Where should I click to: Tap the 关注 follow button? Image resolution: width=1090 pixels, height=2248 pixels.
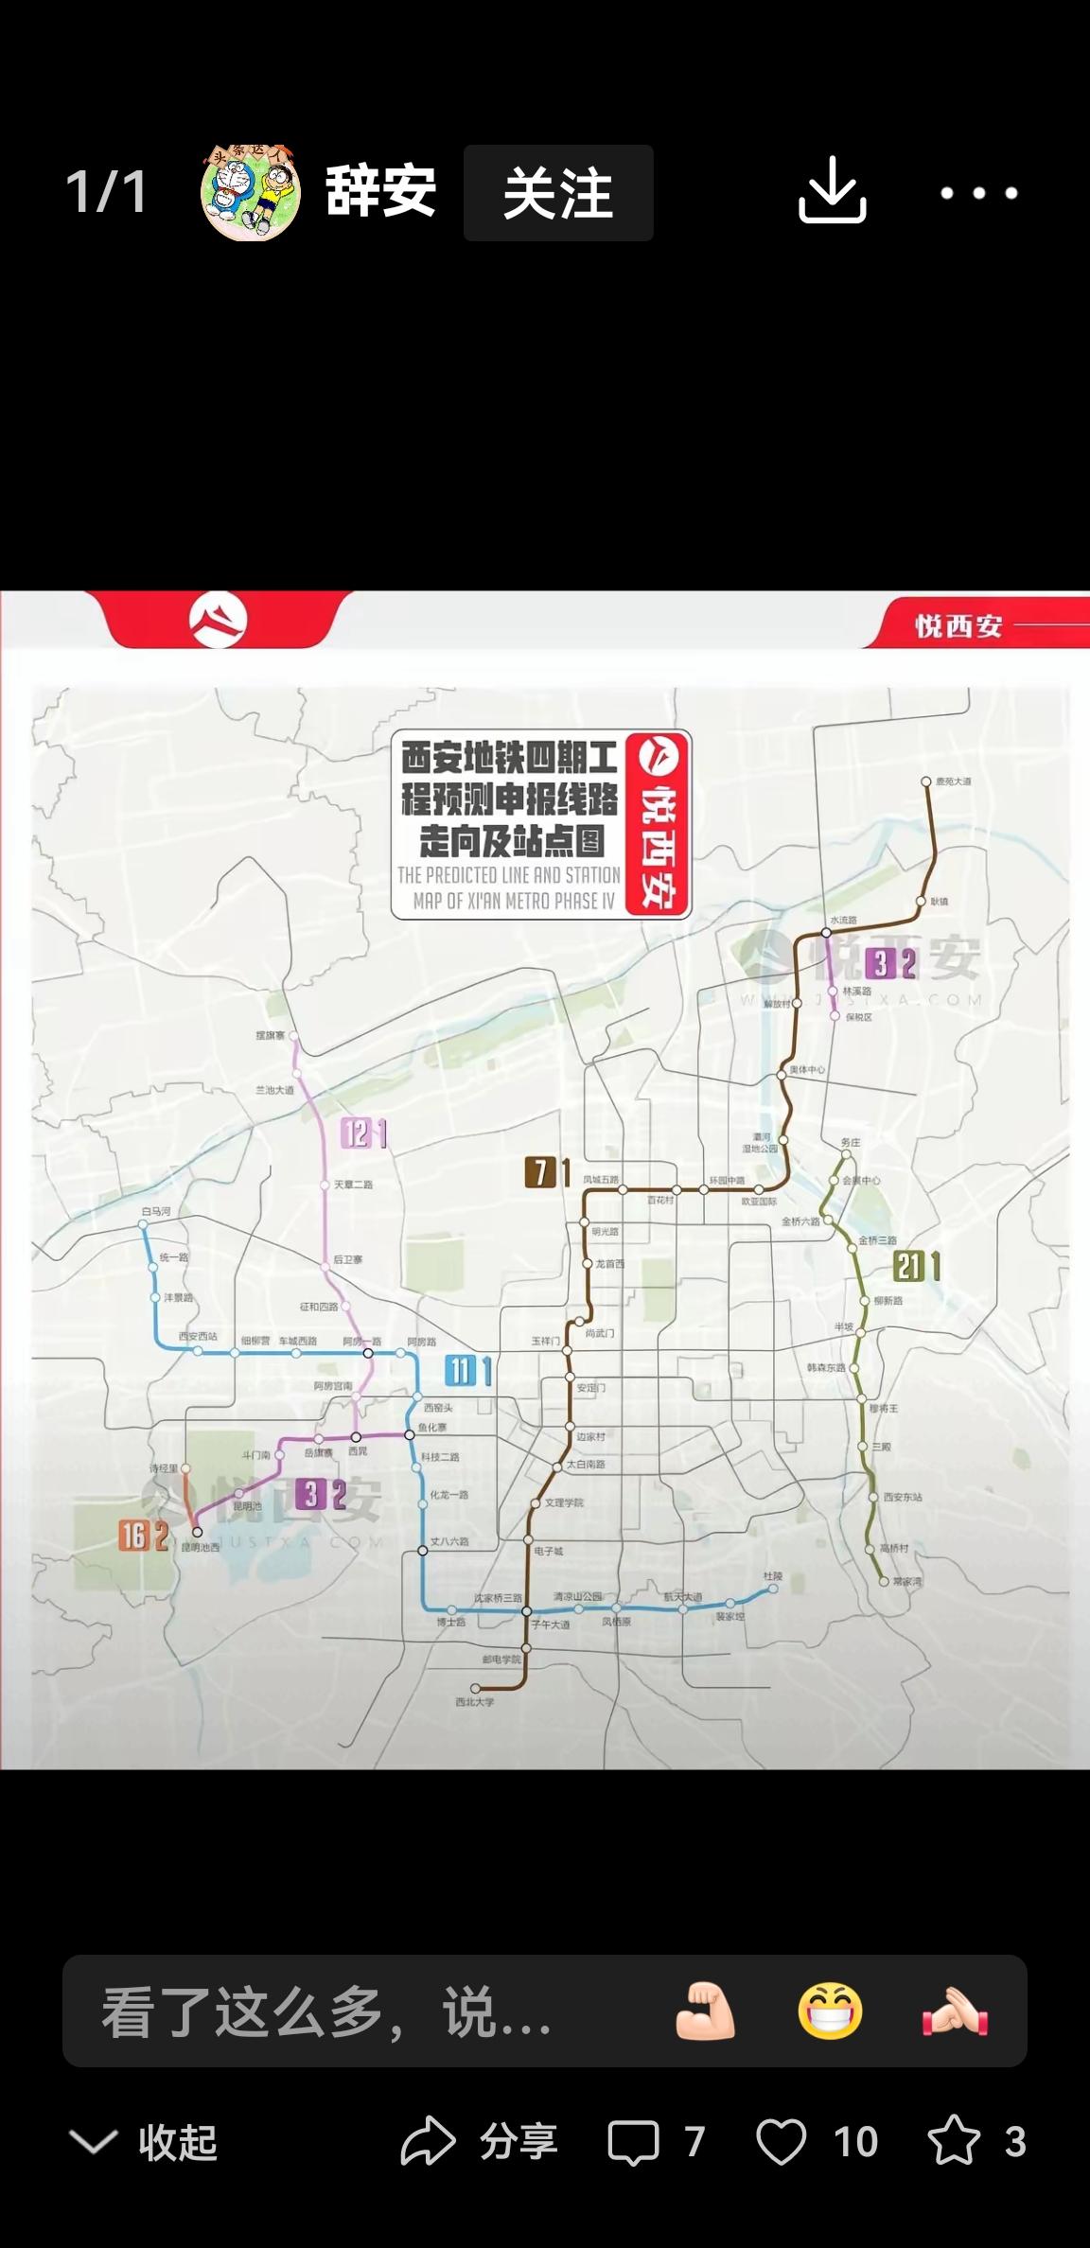(558, 193)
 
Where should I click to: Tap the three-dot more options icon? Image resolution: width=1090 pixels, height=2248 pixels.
(978, 193)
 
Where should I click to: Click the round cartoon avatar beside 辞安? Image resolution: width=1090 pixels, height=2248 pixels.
(251, 193)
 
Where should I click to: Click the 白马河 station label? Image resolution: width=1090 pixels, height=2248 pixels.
(156, 1211)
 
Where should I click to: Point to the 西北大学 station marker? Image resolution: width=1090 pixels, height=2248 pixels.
(475, 1688)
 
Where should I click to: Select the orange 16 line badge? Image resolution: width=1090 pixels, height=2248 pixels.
(132, 1536)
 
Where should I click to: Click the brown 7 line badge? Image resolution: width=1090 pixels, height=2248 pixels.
(539, 1172)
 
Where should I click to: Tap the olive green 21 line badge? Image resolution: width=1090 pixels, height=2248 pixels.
(908, 1266)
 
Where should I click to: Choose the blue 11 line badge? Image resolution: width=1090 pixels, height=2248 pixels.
(461, 1370)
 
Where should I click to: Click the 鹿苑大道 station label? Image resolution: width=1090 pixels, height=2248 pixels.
(953, 782)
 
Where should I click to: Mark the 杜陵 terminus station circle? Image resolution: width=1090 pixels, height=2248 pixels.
(773, 1589)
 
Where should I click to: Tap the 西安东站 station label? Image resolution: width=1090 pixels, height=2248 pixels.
(902, 1497)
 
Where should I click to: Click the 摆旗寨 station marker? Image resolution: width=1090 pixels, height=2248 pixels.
(292, 1037)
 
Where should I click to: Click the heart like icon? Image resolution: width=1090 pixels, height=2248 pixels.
(782, 2141)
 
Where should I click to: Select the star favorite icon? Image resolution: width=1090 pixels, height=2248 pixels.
(953, 2140)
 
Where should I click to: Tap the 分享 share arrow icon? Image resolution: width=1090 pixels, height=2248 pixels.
(429, 2140)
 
